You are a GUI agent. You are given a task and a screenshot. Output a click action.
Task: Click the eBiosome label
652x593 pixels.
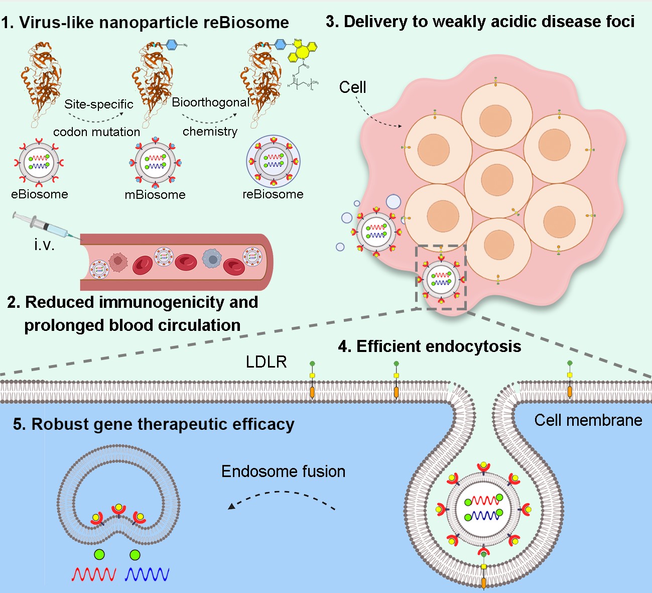tap(40, 194)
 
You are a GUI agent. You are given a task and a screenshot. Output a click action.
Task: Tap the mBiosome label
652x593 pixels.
tap(155, 195)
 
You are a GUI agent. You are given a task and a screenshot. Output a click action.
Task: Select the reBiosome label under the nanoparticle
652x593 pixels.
tap(273, 194)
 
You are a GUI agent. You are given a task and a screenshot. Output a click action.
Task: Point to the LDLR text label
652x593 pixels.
tap(266, 362)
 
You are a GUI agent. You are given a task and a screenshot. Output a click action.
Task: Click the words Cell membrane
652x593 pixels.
tap(588, 420)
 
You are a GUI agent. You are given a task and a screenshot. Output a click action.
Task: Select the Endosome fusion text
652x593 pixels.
tap(284, 471)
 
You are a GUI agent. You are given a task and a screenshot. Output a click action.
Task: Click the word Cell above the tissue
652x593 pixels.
tap(352, 87)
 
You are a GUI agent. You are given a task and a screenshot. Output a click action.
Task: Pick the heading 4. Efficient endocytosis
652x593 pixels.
tap(430, 346)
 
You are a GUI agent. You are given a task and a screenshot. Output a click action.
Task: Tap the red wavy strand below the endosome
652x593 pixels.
tap(94, 574)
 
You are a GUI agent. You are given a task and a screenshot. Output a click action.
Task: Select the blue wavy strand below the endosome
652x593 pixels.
tap(147, 574)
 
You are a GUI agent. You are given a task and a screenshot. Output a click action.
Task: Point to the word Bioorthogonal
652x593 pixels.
tap(210, 102)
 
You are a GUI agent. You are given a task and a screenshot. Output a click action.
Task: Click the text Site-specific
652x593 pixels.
tap(99, 104)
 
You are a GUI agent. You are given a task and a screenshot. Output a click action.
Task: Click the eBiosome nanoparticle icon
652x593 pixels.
tap(39, 163)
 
